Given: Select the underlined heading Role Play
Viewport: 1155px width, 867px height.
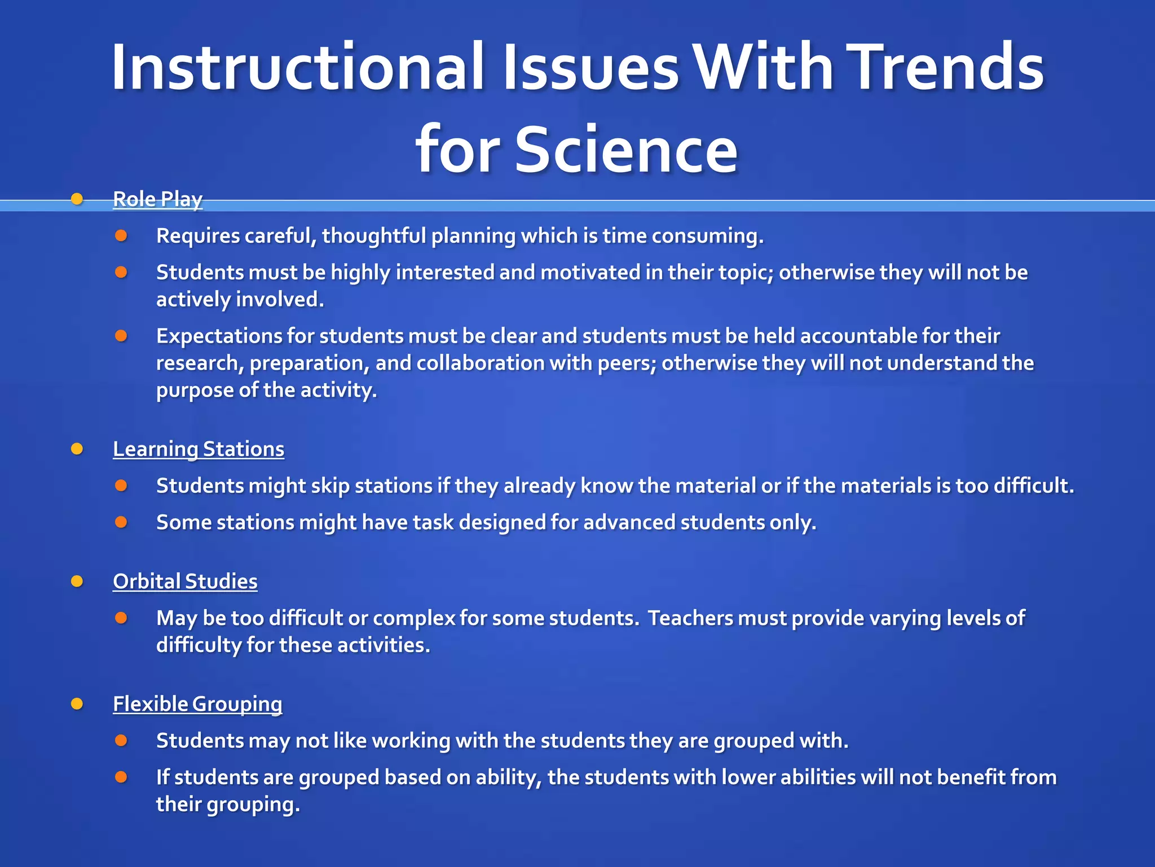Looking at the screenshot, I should point(157,199).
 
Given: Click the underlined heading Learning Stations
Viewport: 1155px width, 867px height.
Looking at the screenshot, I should point(199,449).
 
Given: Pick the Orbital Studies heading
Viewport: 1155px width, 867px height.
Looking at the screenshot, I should point(185,581).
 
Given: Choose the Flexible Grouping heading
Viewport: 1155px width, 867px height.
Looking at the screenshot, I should point(197,704).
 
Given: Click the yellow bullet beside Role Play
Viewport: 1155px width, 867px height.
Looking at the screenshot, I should point(77,199).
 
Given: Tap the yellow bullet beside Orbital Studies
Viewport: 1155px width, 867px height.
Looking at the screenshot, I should point(77,581).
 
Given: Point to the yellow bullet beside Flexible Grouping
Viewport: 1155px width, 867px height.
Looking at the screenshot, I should point(77,704).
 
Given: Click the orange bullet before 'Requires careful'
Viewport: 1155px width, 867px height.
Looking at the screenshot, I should point(121,235).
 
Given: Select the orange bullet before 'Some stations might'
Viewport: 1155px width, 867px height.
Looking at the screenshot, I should point(121,522).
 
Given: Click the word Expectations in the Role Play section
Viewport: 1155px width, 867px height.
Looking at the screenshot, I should point(218,336).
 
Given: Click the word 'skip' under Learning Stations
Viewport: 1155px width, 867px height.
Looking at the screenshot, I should point(330,486).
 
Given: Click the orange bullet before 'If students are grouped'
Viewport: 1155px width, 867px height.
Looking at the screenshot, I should point(121,777).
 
